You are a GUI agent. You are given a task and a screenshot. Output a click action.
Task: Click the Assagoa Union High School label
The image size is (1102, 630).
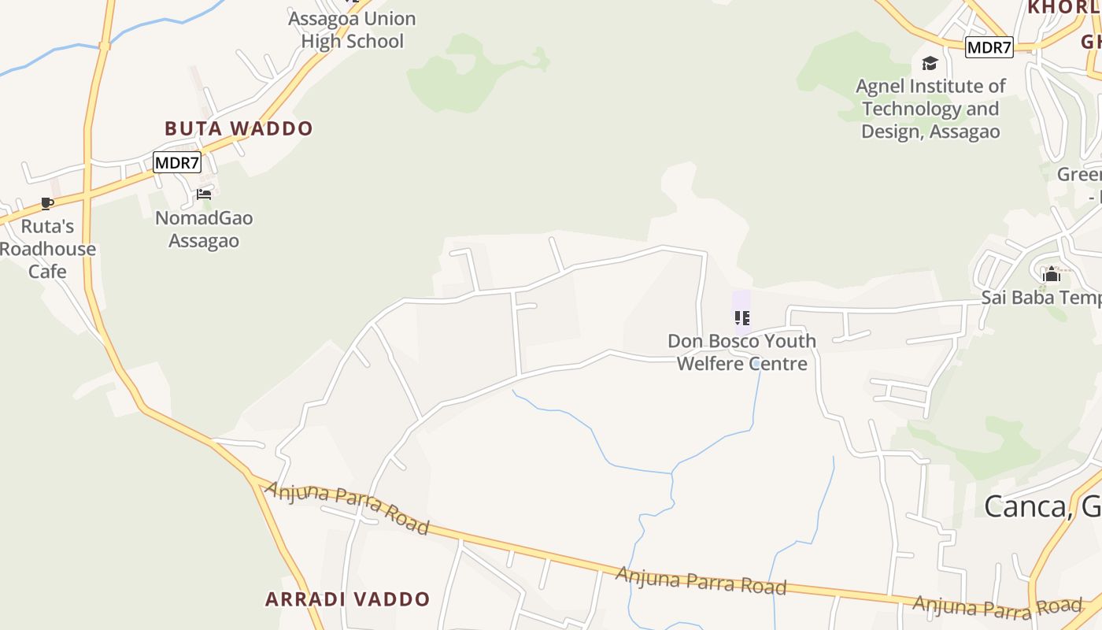[352, 30]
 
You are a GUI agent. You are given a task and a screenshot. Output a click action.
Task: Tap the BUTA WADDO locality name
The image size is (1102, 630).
[239, 128]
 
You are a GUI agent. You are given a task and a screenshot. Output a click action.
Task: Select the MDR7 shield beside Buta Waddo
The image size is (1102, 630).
[177, 163]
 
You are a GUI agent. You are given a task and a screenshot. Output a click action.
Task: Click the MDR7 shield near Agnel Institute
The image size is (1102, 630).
[989, 47]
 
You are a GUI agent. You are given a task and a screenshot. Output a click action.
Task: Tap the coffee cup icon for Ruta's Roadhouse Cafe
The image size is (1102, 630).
[47, 204]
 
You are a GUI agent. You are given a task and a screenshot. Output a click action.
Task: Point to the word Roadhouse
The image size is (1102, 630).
[48, 249]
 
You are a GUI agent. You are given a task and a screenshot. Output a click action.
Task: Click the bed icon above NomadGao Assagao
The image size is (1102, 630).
[204, 195]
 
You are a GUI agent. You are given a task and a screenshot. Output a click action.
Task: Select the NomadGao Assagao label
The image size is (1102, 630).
[204, 229]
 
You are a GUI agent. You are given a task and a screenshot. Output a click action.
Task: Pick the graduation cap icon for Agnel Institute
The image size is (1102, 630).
[930, 64]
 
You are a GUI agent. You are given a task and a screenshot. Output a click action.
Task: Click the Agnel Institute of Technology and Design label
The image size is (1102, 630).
[930, 109]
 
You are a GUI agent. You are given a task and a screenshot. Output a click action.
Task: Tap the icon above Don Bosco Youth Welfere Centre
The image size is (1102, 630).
[741, 318]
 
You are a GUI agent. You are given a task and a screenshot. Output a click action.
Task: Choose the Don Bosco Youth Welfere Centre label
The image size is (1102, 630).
[742, 352]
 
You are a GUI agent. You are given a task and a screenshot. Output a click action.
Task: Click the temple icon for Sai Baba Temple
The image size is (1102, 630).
[1052, 275]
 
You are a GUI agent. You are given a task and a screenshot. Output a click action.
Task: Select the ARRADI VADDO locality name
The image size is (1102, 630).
[347, 599]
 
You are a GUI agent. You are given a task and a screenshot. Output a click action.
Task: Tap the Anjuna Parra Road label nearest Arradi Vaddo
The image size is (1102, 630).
[347, 508]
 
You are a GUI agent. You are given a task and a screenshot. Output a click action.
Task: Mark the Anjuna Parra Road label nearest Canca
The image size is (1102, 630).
[997, 607]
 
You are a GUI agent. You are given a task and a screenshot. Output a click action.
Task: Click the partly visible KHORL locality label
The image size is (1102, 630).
[1063, 8]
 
